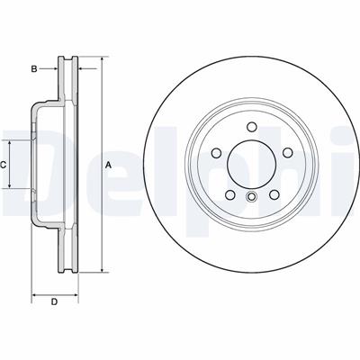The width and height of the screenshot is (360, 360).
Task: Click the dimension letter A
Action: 109,165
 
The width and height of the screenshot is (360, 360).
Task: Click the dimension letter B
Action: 34,69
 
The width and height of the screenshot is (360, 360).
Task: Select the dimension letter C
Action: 4,165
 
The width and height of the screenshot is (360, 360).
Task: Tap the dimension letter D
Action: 54,302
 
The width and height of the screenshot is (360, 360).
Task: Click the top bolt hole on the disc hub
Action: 251,127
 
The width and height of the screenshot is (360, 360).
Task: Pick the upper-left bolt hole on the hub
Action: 216,153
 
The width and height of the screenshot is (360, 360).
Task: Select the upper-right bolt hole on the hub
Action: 288,153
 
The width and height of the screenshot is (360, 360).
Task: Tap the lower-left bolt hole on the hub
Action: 229,195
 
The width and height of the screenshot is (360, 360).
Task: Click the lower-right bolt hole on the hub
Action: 274,195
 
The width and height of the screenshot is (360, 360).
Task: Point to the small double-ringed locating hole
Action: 251,197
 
